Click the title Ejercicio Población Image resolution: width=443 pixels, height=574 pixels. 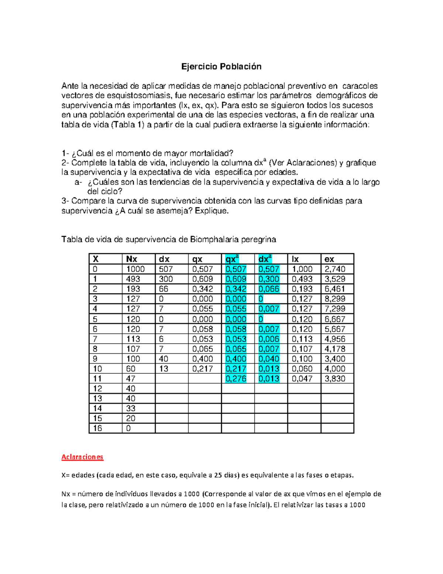(221, 67)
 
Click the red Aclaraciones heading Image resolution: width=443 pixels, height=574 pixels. (82, 457)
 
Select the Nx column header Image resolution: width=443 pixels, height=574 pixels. (132, 259)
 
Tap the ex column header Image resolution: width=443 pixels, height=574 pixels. (329, 259)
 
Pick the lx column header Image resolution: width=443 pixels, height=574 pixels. (295, 259)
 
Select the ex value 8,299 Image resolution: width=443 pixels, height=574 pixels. (335, 299)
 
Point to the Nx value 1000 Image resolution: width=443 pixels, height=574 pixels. (135, 269)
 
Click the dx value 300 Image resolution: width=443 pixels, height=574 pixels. (166, 279)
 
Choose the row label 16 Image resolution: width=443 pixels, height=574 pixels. (97, 428)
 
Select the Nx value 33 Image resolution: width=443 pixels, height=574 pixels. (131, 408)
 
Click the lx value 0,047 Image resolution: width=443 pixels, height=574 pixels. (302, 378)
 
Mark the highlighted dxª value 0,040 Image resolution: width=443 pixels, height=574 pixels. (269, 359)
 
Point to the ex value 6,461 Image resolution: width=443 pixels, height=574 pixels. (335, 289)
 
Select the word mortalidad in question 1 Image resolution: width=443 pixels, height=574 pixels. (210, 153)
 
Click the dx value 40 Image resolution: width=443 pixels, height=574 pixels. (164, 359)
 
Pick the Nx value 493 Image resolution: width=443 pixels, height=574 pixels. (133, 279)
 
